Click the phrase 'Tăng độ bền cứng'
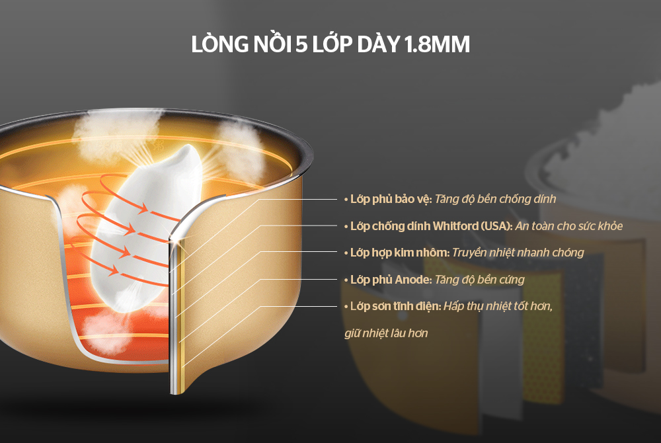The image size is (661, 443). click(479, 280)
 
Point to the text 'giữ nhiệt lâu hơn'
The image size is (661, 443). click(386, 333)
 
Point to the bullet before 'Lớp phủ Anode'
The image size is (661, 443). click(346, 280)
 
